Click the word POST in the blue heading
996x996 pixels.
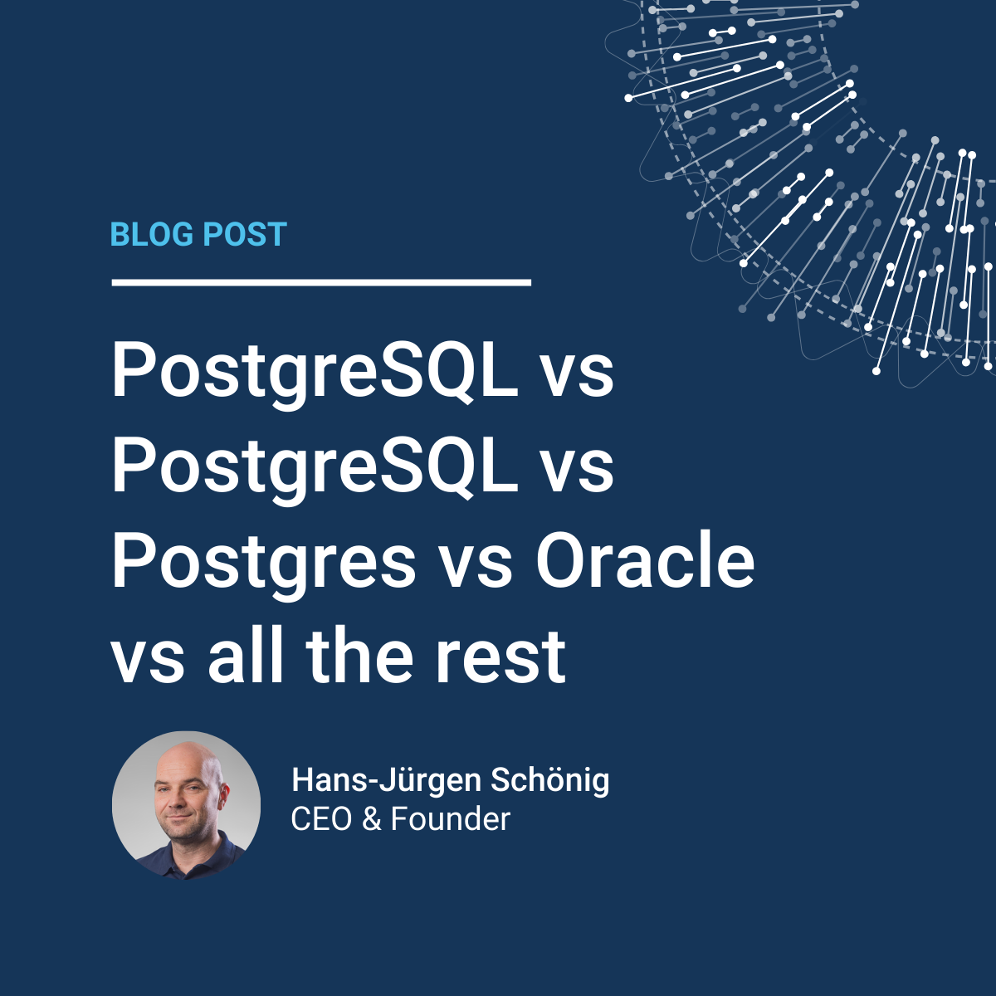click(245, 234)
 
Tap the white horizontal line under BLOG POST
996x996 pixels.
click(321, 282)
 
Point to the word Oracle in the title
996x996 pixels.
click(645, 562)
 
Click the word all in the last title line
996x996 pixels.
click(246, 657)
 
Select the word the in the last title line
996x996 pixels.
click(359, 657)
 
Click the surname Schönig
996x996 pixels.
click(550, 782)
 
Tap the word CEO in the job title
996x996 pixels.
click(321, 819)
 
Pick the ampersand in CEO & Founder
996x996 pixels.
click(371, 819)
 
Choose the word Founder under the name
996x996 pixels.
click(451, 819)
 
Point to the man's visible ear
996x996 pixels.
click(223, 798)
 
